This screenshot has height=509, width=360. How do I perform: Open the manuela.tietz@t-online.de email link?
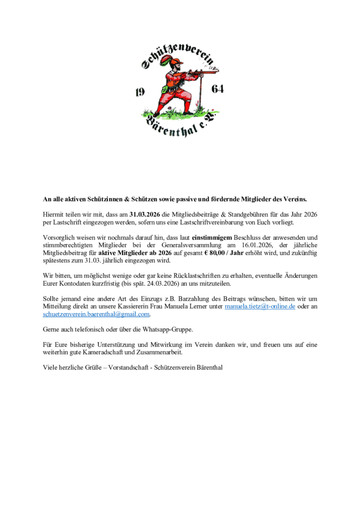point(260,307)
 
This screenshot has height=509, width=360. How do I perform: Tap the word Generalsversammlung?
point(184,245)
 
